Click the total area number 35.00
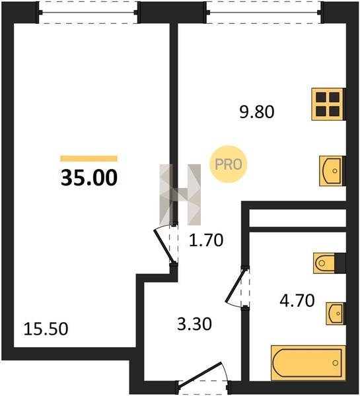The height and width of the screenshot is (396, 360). tap(89, 178)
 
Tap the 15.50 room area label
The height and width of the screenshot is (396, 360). tap(46, 329)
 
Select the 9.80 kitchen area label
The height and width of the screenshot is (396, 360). tap(257, 112)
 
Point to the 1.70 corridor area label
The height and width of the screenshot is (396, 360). tap(206, 240)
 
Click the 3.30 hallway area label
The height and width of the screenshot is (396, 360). tap(194, 324)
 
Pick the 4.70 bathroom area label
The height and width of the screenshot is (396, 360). tap(297, 300)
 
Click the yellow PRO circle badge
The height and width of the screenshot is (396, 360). tap(229, 164)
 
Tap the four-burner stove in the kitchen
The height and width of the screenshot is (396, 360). tap(328, 104)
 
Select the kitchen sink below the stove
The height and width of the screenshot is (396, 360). tap(332, 171)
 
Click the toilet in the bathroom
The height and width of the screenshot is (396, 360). tap(329, 263)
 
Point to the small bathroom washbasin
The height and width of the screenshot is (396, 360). tap(336, 313)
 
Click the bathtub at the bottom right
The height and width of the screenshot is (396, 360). tap(308, 362)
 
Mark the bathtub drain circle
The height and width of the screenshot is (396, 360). tap(336, 363)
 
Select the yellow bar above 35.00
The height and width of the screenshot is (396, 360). tap(89, 158)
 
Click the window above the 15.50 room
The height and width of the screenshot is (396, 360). tap(88, 13)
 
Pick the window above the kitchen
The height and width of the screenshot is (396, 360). tap(265, 13)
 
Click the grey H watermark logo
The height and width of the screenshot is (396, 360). tap(180, 195)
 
